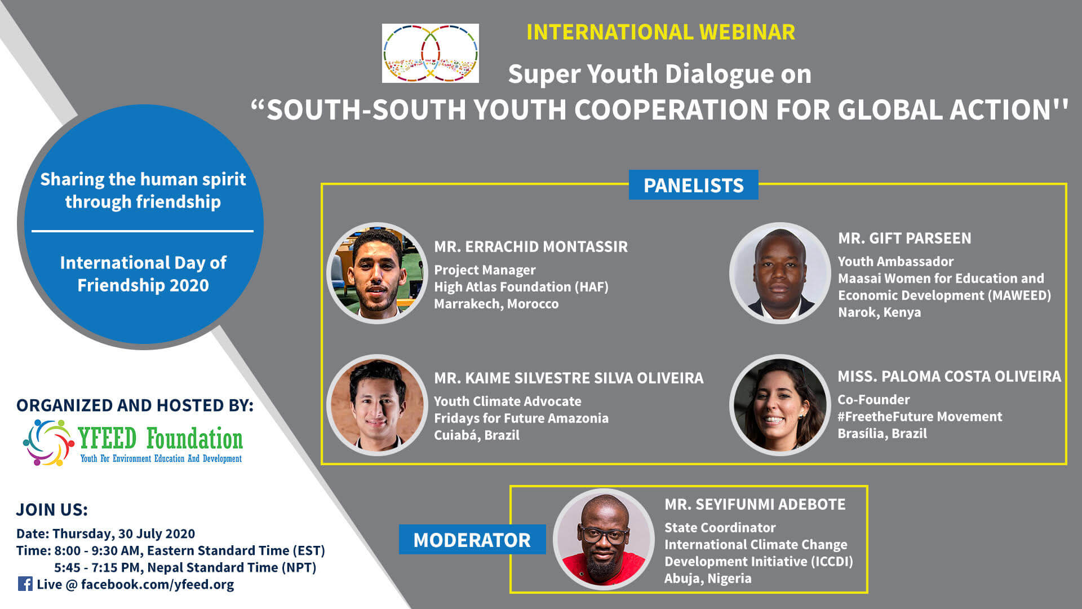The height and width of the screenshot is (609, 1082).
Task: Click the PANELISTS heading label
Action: (693, 185)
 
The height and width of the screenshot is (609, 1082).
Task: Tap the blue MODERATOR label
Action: (472, 540)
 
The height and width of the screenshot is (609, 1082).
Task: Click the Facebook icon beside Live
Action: (25, 584)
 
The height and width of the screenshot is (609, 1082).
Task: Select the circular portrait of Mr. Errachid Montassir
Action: (377, 273)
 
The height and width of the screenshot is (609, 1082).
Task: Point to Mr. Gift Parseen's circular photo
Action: (780, 273)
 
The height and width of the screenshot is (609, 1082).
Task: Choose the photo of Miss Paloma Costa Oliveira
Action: (780, 405)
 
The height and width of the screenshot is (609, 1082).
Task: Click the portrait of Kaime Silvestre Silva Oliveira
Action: (377, 405)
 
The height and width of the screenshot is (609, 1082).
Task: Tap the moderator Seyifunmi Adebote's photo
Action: (604, 539)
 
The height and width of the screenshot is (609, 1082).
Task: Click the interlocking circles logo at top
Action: (431, 53)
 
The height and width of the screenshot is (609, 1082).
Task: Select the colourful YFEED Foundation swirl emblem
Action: (48, 443)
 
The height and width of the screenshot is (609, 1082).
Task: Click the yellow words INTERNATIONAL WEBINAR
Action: (660, 32)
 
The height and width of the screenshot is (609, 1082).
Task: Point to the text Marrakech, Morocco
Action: (496, 304)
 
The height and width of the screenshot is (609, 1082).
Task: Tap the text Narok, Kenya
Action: (879, 312)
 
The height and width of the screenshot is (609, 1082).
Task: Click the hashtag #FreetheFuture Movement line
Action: (920, 417)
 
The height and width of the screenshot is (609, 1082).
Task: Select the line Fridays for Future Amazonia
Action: (521, 418)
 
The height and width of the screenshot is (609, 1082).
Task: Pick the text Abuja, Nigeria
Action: (708, 579)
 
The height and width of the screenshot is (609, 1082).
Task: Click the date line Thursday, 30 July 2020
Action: (123, 534)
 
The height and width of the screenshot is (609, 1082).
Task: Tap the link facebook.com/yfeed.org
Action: (157, 585)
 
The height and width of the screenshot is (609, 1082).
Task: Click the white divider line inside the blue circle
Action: (143, 231)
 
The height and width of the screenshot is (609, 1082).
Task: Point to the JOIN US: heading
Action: (52, 510)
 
